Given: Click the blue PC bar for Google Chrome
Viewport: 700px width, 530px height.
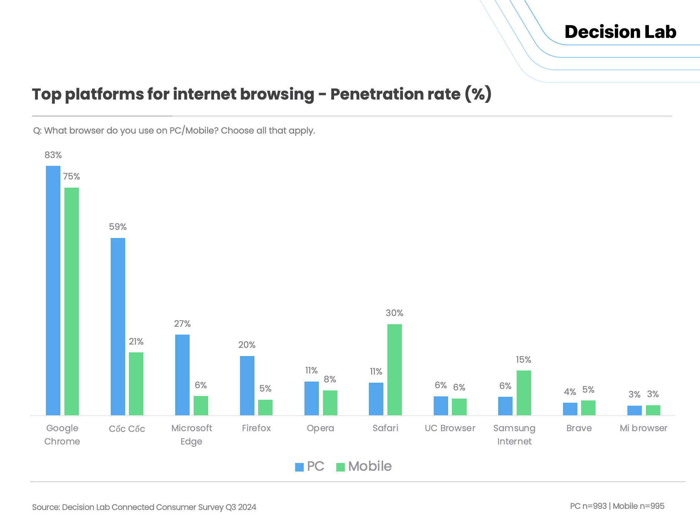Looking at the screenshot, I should (x=53, y=291).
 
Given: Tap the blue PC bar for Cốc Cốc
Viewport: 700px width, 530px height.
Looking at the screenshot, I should (x=118, y=326).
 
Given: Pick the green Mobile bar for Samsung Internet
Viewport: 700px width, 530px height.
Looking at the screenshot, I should (x=524, y=393).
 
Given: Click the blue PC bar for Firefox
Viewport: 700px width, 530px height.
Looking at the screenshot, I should (x=247, y=385).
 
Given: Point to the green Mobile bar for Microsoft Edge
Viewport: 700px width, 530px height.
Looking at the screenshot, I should (x=201, y=405).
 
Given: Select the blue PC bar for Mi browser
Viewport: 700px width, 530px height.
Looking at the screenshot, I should (x=634, y=410).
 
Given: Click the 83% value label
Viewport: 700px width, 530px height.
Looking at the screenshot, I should (x=53, y=155).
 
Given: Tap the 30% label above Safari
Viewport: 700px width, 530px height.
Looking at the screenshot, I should (x=394, y=313).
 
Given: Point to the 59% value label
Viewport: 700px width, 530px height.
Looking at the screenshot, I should (x=118, y=227).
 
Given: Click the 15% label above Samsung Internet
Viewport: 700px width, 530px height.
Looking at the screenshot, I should (x=523, y=360).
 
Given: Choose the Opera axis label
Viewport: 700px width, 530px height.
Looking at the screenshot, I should (x=320, y=428).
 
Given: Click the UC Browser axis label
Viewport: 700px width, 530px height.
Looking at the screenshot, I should (x=450, y=428).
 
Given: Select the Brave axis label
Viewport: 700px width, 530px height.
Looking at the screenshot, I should (x=579, y=428).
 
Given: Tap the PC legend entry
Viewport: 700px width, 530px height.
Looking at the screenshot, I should (x=310, y=466).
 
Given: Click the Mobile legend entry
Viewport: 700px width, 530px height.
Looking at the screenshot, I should (x=364, y=466).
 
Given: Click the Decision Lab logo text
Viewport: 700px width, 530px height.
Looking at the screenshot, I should (x=620, y=32).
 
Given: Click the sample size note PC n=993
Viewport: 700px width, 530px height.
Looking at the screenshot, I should (x=588, y=506).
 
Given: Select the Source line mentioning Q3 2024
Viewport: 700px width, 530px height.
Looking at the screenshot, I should (x=144, y=507).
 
